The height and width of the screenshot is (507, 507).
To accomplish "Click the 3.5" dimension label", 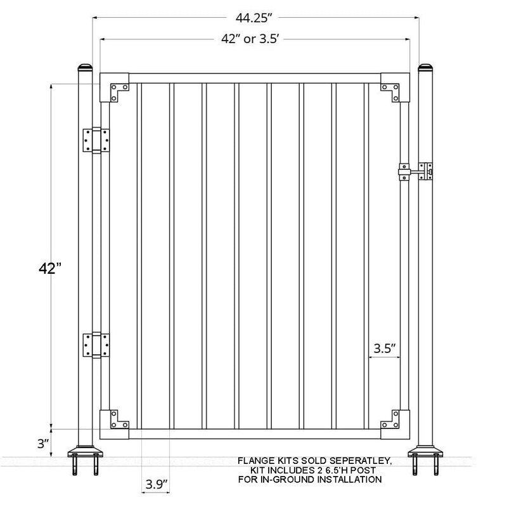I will (x=385, y=347).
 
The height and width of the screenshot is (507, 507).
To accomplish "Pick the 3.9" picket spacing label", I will (x=155, y=485).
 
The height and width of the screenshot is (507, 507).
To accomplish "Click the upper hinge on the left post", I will (x=96, y=139).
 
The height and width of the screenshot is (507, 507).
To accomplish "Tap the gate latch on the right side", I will (x=415, y=172).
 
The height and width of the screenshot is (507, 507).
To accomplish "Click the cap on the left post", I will (x=85, y=67).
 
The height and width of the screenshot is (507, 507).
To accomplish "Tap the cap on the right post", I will (x=425, y=67).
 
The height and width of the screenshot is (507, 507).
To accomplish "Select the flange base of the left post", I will (x=85, y=452).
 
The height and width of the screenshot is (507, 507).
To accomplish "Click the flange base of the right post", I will (x=425, y=452).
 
